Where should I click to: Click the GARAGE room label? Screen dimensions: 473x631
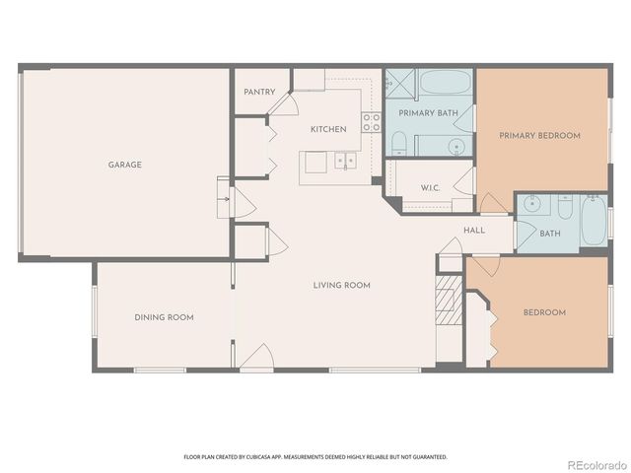125,165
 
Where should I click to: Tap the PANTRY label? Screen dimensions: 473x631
261,93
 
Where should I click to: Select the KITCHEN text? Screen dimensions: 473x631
327,129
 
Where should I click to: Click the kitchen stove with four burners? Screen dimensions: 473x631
371,123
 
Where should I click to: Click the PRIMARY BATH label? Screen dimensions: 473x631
428,113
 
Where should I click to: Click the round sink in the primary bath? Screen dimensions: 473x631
457,148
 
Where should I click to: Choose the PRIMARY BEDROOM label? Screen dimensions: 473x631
539,135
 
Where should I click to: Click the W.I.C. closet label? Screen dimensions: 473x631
430,187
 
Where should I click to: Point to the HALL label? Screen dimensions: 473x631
474,230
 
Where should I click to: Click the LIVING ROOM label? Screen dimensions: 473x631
341,285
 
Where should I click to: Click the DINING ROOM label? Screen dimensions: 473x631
164,317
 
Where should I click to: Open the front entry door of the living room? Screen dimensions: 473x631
256,359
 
